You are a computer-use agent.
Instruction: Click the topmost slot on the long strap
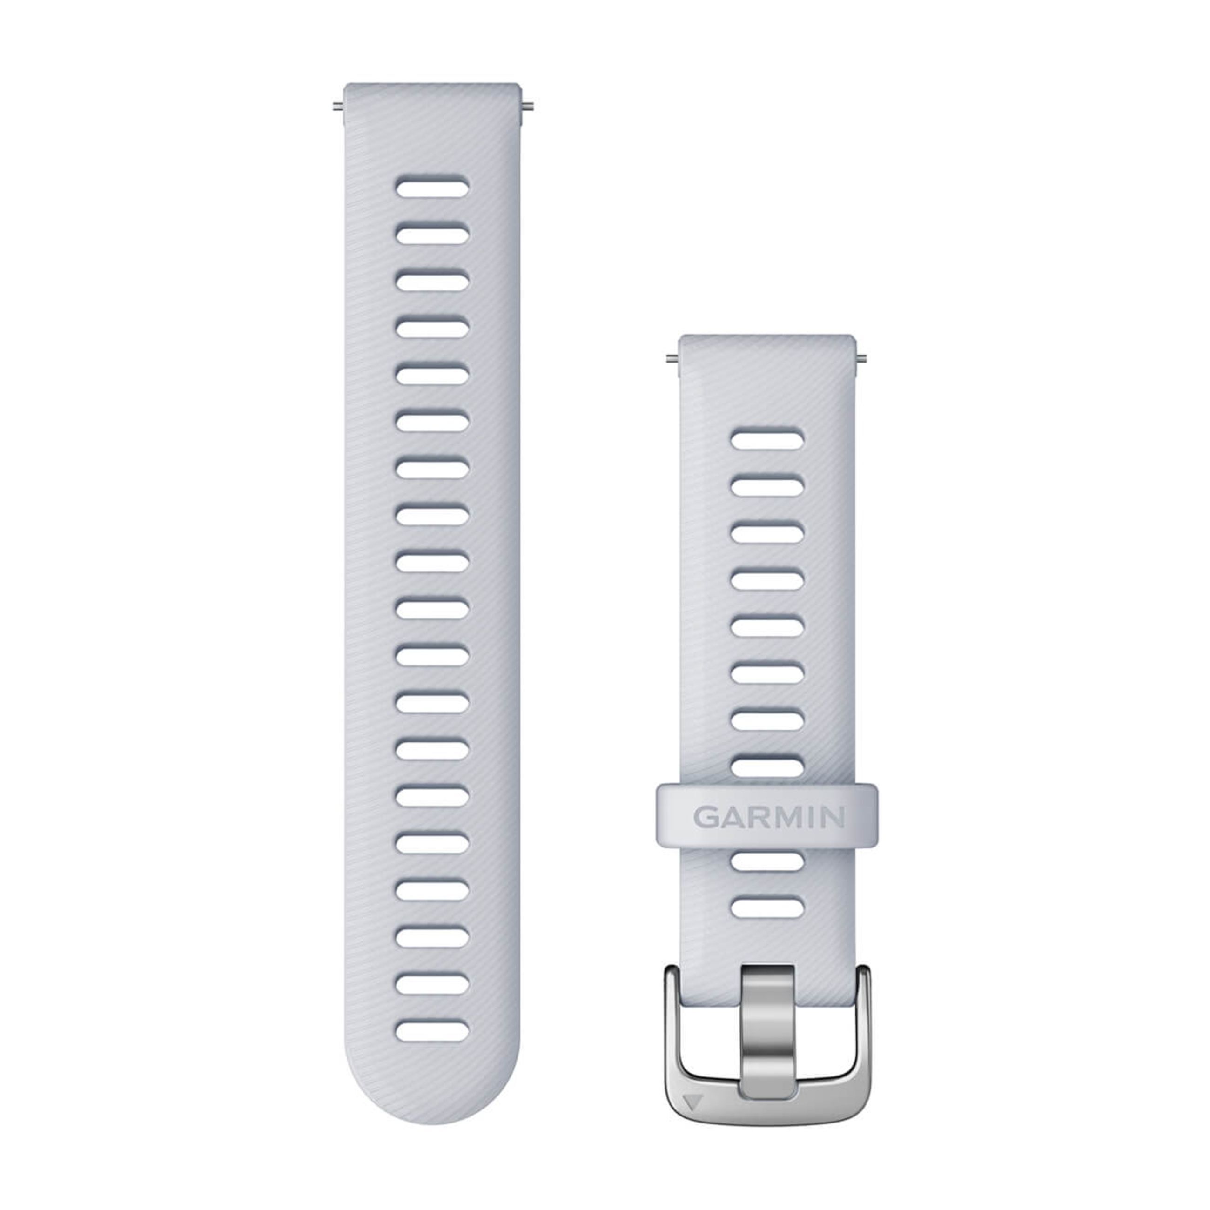(432, 187)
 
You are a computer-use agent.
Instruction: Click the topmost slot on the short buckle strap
(767, 439)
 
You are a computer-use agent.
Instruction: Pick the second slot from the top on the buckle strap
(767, 486)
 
